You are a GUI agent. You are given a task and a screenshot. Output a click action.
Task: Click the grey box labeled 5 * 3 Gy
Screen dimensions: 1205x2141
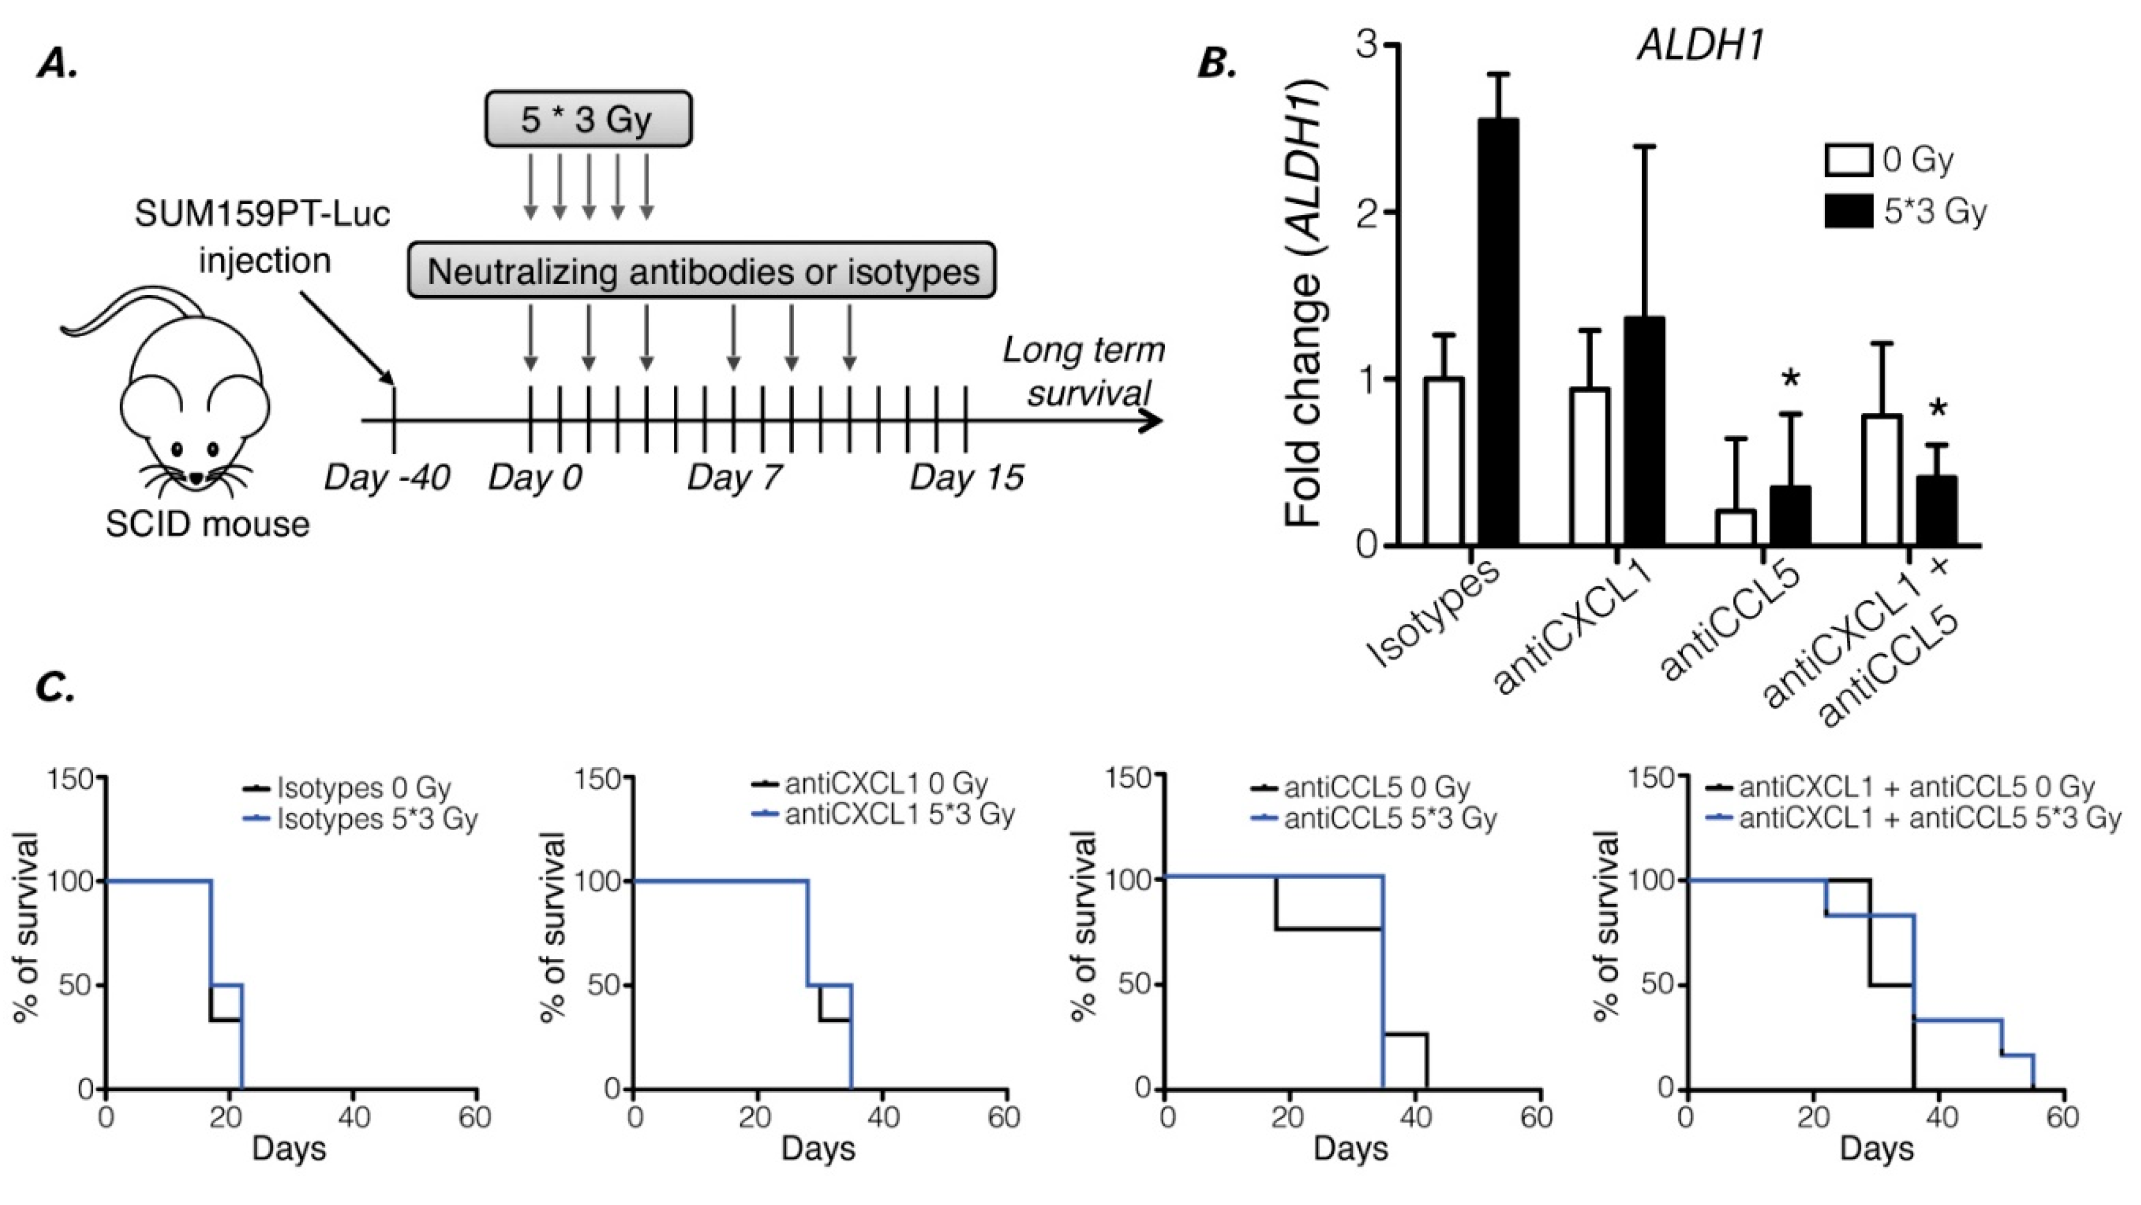coord(588,120)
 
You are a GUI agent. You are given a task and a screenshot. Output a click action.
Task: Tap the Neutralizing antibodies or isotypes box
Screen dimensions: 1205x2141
coord(702,271)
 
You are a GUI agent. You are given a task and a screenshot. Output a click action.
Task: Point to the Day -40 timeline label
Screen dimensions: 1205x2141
coord(387,478)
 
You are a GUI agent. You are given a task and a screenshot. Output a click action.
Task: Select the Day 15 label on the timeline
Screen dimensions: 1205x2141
coord(966,478)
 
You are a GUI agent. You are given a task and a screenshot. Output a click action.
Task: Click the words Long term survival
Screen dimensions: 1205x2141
coord(1084,371)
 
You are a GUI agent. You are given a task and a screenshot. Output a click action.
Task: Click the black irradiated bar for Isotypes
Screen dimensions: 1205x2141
coord(1498,332)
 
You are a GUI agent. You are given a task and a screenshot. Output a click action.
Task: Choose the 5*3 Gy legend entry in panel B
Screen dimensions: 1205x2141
coord(1903,211)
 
